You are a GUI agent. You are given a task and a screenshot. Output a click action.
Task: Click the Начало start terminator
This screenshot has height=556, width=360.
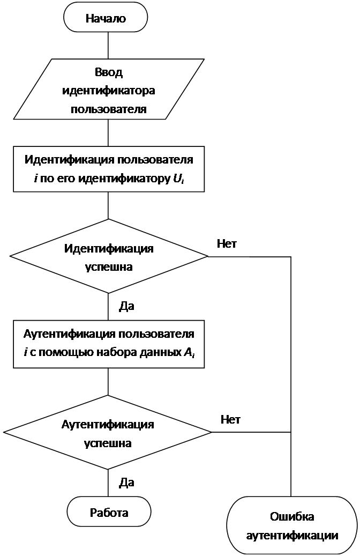[x=106, y=18]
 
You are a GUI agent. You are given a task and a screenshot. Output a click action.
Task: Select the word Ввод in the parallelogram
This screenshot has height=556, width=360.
[x=109, y=72]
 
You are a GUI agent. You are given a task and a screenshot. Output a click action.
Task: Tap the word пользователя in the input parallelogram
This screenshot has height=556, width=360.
[x=108, y=109]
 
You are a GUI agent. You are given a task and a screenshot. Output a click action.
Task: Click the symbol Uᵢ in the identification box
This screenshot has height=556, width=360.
[x=178, y=179]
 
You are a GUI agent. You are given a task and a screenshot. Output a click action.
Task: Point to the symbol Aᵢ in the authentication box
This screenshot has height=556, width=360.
[x=189, y=352]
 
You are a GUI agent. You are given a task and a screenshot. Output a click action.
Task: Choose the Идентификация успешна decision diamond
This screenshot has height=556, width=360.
[x=108, y=256]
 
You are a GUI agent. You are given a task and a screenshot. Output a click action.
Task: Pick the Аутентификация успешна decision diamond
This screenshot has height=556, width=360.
[x=107, y=432]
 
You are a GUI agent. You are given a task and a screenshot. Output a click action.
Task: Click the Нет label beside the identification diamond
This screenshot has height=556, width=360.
[x=227, y=244]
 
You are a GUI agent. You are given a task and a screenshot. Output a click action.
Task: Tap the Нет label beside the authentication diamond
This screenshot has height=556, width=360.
[x=231, y=420]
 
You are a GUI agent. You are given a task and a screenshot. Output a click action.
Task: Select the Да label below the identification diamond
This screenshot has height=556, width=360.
[x=126, y=306]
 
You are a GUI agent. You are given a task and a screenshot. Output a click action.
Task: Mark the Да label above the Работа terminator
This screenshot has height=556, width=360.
[x=126, y=482]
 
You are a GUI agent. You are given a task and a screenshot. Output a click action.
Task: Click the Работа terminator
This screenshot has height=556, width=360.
[x=109, y=513]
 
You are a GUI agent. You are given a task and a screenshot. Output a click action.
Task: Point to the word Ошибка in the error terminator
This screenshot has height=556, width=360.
[x=292, y=517]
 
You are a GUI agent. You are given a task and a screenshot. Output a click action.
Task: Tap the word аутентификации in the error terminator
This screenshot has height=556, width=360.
[x=292, y=536]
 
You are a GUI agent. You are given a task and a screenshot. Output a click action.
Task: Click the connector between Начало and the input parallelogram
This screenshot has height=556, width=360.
[x=108, y=46]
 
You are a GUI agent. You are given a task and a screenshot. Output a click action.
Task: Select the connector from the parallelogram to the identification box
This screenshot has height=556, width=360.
[x=108, y=132]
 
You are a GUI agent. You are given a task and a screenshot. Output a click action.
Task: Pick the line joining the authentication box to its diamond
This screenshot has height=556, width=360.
[x=108, y=382]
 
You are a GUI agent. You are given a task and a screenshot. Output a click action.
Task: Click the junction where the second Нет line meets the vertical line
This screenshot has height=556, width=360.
[x=291, y=432]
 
